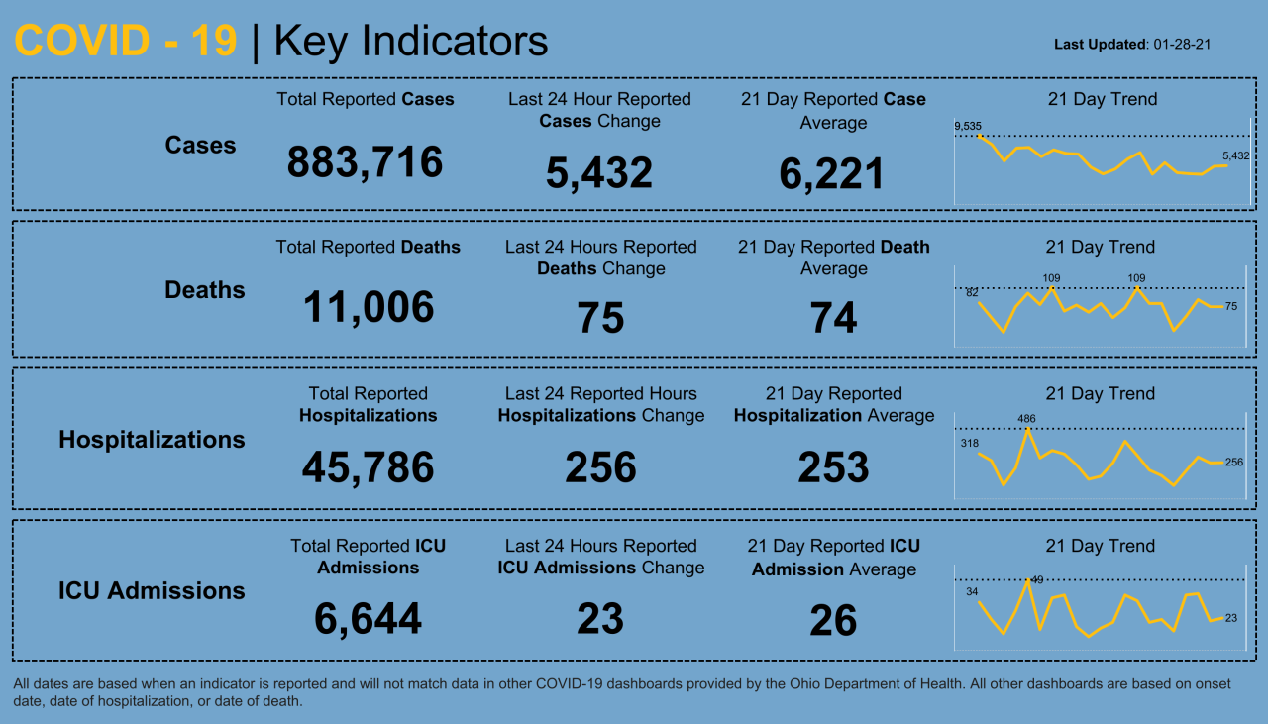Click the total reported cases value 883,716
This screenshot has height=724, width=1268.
click(365, 162)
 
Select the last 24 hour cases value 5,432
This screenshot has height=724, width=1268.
click(598, 173)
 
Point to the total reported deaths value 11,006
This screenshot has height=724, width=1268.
click(368, 308)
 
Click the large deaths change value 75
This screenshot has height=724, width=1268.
click(600, 319)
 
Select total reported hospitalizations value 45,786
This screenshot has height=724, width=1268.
click(368, 467)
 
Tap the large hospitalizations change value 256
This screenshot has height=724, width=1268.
click(600, 467)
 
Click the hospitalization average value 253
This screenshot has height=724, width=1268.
click(833, 467)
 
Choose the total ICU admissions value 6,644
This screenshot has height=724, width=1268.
click(368, 620)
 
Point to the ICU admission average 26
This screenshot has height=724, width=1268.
click(833, 621)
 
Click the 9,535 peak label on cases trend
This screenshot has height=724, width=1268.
click(968, 126)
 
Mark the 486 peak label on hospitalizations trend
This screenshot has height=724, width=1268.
click(1026, 419)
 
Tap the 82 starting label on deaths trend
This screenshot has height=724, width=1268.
click(972, 292)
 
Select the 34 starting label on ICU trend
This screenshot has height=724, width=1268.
click(972, 591)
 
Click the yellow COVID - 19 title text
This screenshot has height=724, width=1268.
click(126, 42)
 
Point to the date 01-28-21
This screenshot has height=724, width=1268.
click(1184, 45)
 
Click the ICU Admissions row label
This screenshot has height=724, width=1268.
click(152, 591)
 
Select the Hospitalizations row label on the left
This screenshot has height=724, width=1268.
click(152, 440)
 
